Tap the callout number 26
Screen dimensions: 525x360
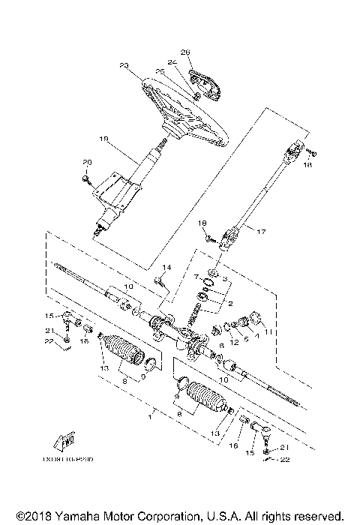[x=186, y=52]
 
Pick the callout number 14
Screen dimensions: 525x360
[x=166, y=268]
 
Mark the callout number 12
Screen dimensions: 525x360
[x=234, y=343]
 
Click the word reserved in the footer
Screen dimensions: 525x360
[x=320, y=517]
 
